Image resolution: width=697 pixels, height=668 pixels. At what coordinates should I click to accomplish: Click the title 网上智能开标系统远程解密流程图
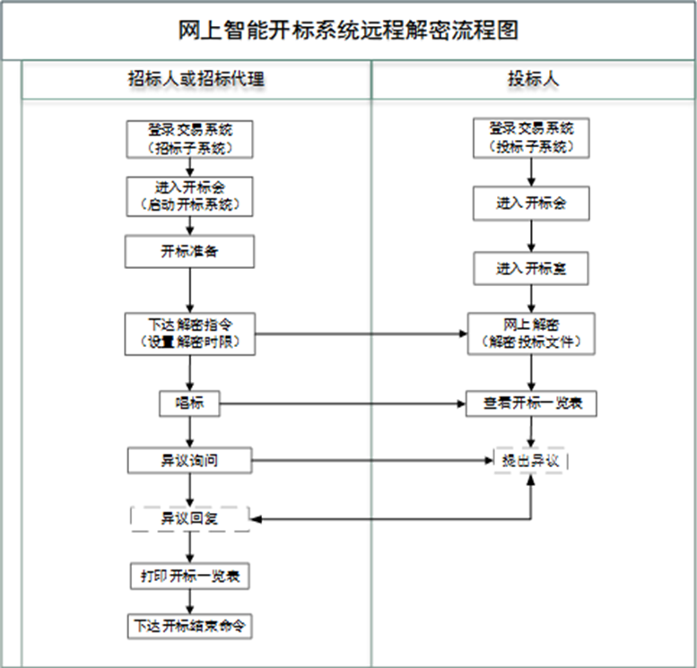348,30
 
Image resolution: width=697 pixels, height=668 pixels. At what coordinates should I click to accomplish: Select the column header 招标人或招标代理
196,79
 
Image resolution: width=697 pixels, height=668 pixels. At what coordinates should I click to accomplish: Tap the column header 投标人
533,79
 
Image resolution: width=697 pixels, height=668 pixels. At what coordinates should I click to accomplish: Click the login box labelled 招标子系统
189,138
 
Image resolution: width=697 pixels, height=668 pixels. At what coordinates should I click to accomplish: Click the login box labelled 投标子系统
531,138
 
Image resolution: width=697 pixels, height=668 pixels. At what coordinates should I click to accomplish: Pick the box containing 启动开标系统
189,195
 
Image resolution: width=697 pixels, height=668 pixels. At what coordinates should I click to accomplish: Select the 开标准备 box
189,252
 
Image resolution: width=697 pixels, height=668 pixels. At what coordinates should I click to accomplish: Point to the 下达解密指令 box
189,333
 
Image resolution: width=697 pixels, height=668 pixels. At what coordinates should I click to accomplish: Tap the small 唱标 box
189,403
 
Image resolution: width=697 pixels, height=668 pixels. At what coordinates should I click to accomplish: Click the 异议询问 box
189,461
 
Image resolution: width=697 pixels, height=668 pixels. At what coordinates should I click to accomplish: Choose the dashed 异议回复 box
189,518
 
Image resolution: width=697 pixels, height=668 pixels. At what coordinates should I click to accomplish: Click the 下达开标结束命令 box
189,626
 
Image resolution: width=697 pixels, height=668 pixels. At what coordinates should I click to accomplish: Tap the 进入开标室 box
531,268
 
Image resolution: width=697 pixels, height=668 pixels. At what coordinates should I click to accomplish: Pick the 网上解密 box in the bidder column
531,333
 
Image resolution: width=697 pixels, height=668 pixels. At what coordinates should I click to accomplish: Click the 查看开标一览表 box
532,403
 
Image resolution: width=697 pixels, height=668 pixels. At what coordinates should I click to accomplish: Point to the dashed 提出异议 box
531,460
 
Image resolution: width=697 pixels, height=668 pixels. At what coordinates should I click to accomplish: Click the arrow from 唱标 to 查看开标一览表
341,403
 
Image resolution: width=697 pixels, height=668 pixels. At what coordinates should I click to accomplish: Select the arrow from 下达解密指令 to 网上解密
359,334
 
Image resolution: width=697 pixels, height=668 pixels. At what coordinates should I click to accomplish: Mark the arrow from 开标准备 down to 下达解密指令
189,290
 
